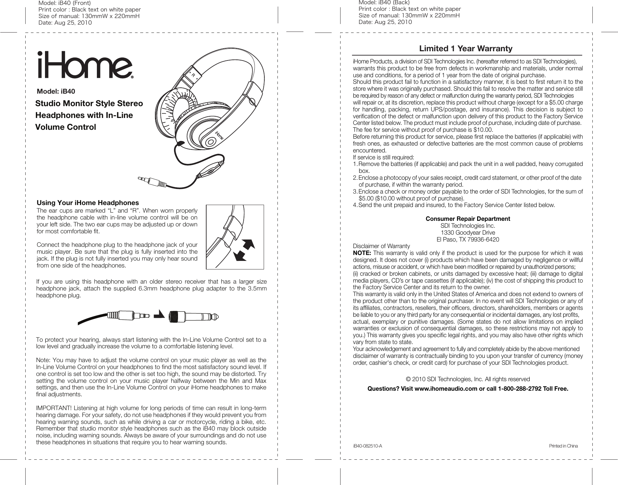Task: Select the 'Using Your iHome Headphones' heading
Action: (x=88, y=203)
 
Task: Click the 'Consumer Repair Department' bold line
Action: (x=468, y=219)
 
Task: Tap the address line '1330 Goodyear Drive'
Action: (x=468, y=233)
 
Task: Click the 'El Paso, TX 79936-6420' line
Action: (x=468, y=240)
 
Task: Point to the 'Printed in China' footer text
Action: (x=563, y=446)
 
